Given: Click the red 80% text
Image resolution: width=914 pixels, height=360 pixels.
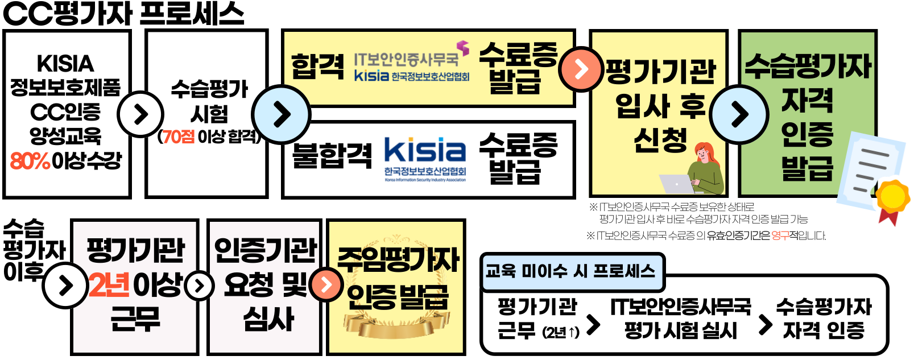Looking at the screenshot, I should [30, 161].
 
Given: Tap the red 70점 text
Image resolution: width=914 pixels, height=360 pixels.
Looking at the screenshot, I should [178, 136].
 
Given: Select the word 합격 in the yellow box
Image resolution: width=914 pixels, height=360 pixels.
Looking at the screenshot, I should [317, 66].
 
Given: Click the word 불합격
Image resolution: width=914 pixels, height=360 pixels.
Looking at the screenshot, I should [332, 155].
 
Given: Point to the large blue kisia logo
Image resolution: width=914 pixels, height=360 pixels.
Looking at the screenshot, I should [425, 151].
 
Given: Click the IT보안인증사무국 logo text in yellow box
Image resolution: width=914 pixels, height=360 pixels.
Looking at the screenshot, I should [406, 59].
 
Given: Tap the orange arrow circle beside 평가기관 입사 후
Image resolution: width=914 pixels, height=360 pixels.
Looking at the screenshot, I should [581, 69].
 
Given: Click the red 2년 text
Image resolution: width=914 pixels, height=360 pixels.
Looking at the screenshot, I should [109, 284].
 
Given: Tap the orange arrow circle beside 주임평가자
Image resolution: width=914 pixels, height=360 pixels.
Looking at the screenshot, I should [326, 284].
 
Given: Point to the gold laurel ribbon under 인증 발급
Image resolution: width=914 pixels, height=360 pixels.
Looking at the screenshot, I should [396, 324].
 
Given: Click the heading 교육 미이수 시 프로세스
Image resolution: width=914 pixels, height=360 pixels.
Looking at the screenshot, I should [570, 271].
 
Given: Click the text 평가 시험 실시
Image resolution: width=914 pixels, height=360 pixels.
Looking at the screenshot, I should [680, 330].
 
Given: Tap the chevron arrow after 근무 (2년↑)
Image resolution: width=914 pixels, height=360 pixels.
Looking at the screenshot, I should [593, 325].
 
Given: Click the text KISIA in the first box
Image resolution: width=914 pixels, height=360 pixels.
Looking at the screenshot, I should [65, 63].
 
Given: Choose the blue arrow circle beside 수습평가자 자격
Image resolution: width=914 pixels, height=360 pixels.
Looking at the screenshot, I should [739, 114].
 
